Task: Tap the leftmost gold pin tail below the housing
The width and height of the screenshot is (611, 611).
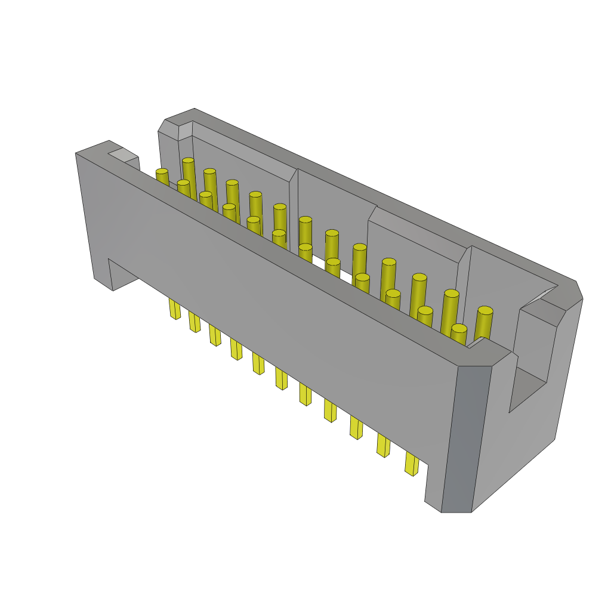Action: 174,308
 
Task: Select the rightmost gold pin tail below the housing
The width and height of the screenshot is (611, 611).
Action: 411,463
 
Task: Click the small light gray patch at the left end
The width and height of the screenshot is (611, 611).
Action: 123,155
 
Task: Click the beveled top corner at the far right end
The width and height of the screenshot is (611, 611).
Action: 570,296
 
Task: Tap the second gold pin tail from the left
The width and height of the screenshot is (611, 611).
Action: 195,322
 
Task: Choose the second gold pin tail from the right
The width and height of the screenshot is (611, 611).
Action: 383,445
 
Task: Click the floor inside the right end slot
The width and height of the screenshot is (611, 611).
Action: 525,388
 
